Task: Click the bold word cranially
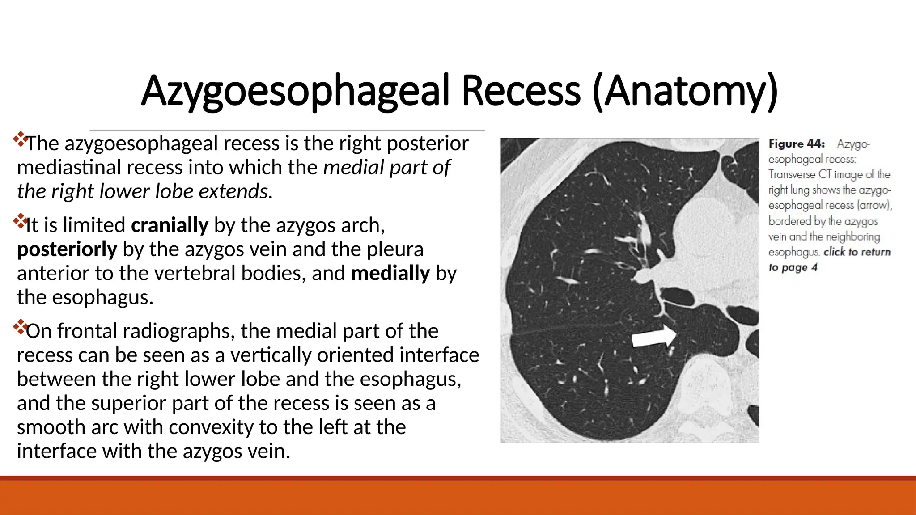pos(170,225)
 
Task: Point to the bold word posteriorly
pos(67,249)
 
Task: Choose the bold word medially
pos(390,273)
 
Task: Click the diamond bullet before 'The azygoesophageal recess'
pos(20,139)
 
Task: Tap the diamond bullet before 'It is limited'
pos(20,220)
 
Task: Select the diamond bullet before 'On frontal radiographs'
pos(20,327)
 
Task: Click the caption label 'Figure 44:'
pos(796,144)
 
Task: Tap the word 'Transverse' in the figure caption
pos(792,174)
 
